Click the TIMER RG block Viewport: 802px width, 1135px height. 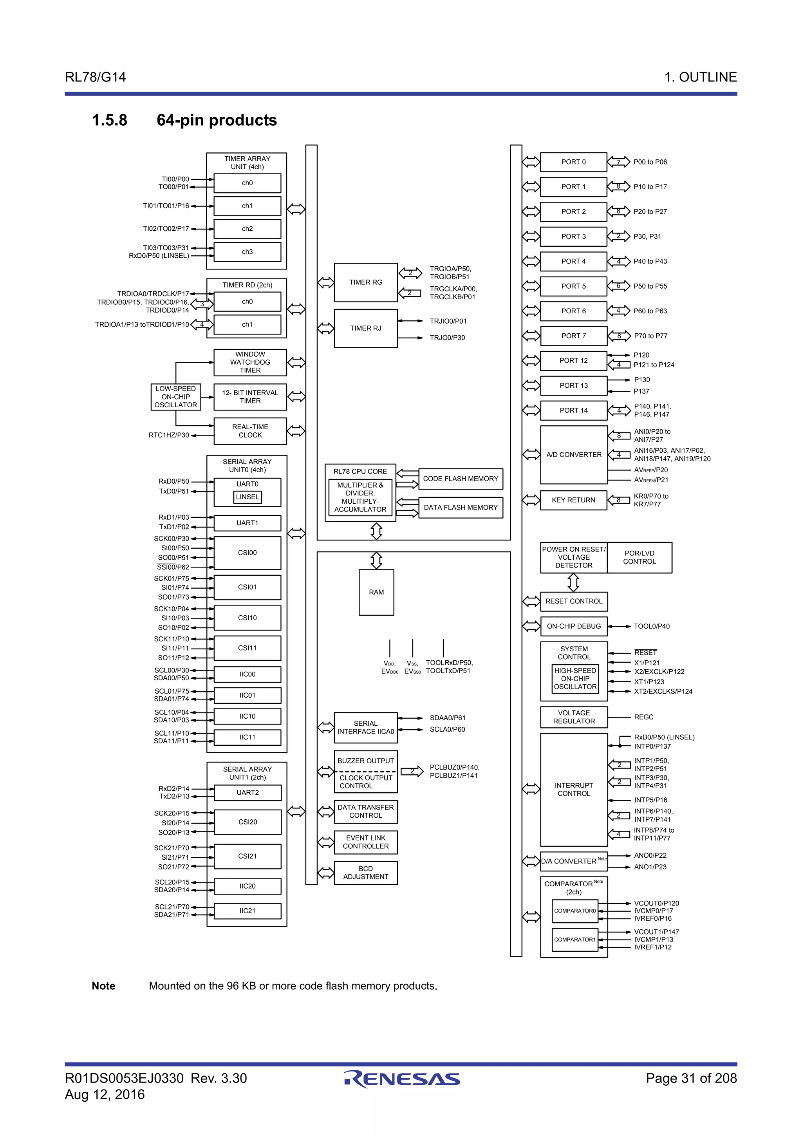366,282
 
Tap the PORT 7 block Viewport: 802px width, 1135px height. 573,336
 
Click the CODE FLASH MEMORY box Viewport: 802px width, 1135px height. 460,479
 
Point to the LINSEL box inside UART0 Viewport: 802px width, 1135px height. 247,497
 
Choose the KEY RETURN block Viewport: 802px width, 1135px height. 573,500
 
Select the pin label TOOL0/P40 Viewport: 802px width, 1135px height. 651,626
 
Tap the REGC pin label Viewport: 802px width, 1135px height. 643,717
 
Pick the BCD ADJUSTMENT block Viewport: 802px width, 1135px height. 366,873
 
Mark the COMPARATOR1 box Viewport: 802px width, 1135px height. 575,939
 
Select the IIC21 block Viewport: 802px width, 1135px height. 247,911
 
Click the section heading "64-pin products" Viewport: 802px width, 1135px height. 217,120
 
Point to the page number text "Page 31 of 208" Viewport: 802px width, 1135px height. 691,1078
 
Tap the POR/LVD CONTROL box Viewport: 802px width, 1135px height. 639,558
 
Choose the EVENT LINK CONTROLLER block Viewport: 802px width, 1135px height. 366,842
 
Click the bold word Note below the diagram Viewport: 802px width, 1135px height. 103,986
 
